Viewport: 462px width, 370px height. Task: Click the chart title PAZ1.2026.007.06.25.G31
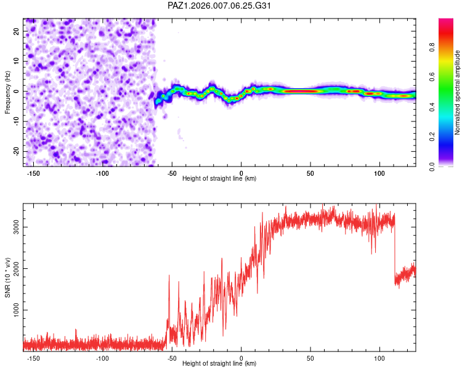(219, 6)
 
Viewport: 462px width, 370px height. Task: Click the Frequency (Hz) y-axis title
(7, 92)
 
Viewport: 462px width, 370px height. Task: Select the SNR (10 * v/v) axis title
(7, 276)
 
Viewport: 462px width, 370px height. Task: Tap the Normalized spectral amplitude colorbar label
(457, 92)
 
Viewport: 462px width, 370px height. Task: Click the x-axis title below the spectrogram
(219, 179)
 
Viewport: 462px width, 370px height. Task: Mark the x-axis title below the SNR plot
(219, 364)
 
